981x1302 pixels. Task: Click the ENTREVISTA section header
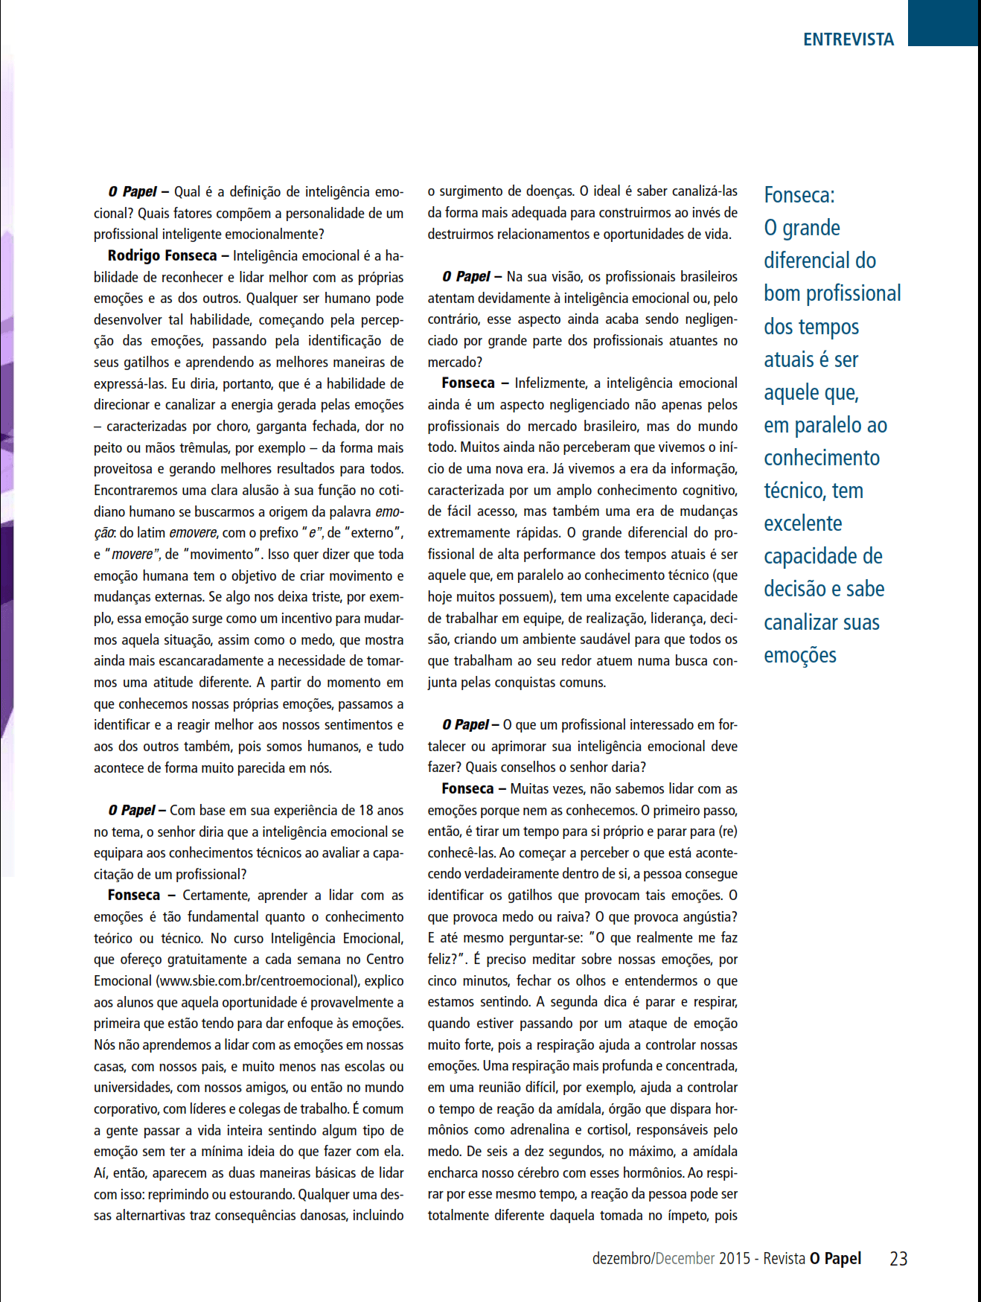[x=848, y=39]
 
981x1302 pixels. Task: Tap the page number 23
[x=898, y=1258]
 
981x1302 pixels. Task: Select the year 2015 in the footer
[x=734, y=1258]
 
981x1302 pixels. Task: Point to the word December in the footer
[x=685, y=1258]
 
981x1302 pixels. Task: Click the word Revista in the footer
[x=784, y=1258]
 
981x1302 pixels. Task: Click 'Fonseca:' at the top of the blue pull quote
[x=799, y=195]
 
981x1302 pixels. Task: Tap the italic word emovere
[x=194, y=533]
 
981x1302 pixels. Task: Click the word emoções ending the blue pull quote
[x=800, y=655]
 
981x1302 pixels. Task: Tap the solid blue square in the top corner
[x=943, y=22]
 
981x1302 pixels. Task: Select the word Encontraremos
[x=135, y=491]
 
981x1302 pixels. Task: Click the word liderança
[x=676, y=619]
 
